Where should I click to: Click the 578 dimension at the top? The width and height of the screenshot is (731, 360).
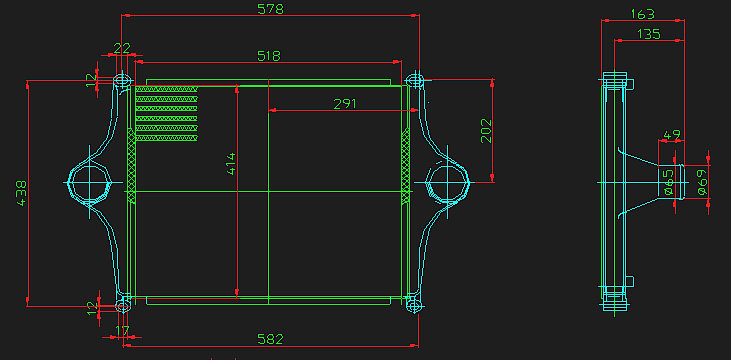(271, 9)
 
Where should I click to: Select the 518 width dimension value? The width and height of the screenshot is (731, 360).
(268, 56)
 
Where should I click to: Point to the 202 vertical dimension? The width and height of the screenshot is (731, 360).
(487, 131)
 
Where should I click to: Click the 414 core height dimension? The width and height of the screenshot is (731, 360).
(230, 165)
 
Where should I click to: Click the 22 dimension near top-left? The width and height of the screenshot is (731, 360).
(122, 48)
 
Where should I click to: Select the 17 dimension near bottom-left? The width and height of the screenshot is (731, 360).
(123, 329)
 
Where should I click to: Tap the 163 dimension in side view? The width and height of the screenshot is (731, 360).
(644, 14)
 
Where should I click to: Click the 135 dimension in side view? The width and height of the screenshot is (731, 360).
(648, 34)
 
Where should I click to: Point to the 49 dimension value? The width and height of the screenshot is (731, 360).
(672, 134)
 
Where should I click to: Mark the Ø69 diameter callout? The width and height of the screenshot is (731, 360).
(701, 181)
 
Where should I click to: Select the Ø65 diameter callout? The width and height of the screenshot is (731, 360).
(668, 181)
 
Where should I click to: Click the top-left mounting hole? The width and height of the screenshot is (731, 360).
(123, 79)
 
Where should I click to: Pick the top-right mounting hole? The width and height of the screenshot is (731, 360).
(414, 79)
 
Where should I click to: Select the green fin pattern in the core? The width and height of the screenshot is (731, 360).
(166, 112)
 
